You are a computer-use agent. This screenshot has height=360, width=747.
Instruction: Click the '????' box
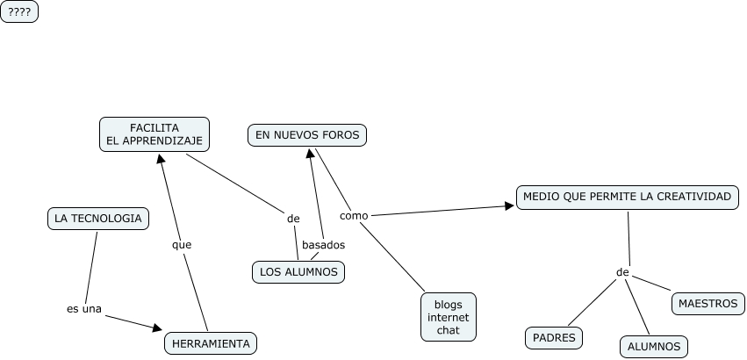pos(19,11)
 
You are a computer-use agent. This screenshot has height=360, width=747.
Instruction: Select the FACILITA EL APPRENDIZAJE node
pos(154,133)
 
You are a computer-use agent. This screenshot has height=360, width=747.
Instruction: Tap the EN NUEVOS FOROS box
pos(306,134)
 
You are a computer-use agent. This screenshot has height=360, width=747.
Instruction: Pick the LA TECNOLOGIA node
pos(97,219)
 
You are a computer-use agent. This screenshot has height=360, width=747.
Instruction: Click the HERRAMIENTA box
pos(211,343)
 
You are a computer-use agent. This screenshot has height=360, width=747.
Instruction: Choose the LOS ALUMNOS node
pos(298,272)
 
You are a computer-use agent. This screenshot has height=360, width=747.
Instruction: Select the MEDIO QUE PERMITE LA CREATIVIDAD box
pos(627,198)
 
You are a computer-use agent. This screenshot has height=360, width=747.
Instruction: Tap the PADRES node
pos(555,337)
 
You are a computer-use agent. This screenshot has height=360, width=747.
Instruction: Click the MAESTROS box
pos(707,304)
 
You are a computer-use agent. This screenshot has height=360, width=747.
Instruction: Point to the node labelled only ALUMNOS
pos(654,347)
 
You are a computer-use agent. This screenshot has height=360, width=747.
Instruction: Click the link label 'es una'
pos(84,308)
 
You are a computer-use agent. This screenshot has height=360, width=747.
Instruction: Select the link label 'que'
pos(181,245)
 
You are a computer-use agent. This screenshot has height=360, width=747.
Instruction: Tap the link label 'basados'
pos(323,245)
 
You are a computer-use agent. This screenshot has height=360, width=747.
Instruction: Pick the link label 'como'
pos(354,215)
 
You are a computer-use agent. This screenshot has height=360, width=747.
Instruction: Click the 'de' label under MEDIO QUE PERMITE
pos(622,272)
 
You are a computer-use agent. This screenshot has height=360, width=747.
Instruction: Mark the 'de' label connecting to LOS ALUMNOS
pos(293,219)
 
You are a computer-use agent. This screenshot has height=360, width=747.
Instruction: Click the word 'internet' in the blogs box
pos(448,317)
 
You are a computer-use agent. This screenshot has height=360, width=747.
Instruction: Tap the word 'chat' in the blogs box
pos(448,330)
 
